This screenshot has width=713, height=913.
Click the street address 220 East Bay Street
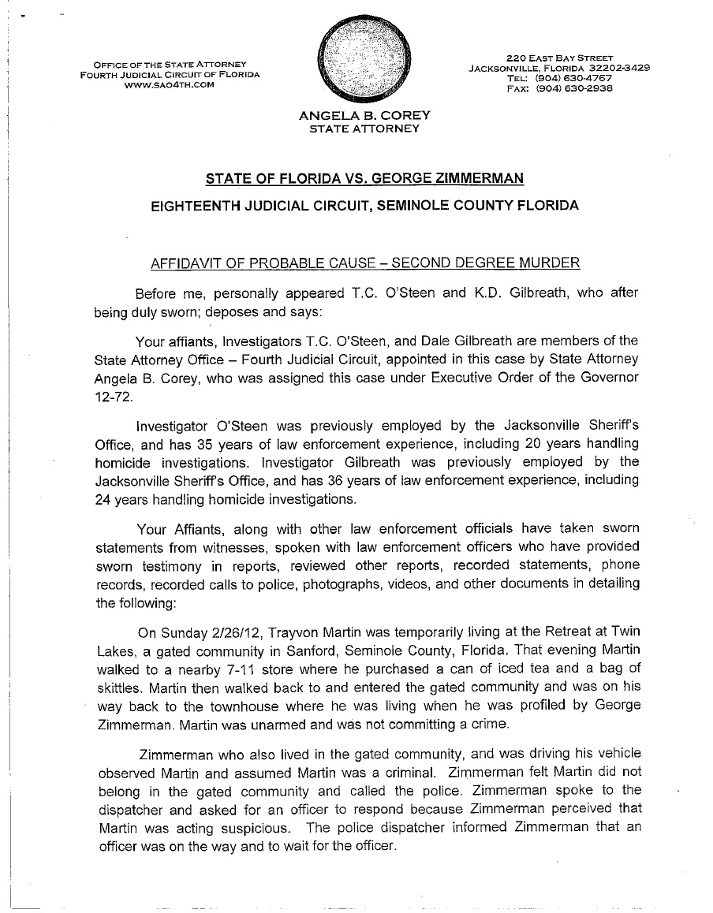(559, 58)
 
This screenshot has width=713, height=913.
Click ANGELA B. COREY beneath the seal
(364, 116)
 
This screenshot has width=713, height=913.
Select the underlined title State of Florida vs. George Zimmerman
(364, 177)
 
